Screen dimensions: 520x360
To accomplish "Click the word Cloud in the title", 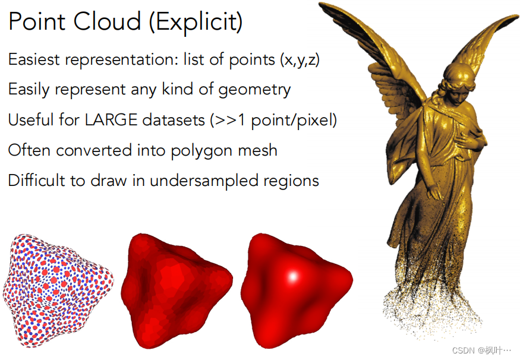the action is [x=107, y=21].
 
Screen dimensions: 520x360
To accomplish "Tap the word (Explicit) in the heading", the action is [x=196, y=22].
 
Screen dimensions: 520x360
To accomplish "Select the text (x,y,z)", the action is [x=300, y=60].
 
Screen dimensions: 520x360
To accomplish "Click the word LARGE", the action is [x=111, y=119].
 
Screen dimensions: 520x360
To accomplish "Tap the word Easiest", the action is [x=34, y=59].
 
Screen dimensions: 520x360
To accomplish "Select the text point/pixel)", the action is [x=294, y=120].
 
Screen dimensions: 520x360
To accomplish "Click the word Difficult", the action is [x=36, y=181].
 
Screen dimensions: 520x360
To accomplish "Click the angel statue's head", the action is [x=459, y=81].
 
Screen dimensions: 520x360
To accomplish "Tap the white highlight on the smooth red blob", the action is [x=293, y=276].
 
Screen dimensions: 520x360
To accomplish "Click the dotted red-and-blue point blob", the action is [x=58, y=290].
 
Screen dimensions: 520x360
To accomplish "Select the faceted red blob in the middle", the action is [x=177, y=290].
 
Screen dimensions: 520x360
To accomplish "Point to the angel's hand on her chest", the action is [x=470, y=141].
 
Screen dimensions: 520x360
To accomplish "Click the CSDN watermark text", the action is [x=481, y=350].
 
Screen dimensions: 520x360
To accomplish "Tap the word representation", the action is [x=119, y=60].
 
